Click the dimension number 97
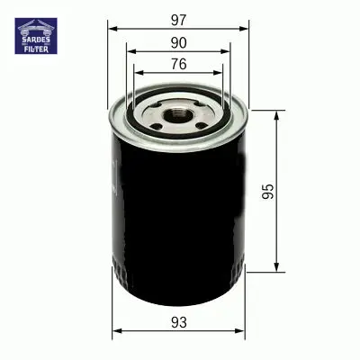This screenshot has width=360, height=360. tap(179, 20)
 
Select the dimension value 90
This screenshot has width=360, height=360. tap(179, 43)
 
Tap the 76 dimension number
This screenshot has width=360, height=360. tap(179, 64)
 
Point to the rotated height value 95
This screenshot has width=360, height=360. tap(268, 192)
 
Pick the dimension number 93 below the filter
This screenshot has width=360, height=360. tap(179, 322)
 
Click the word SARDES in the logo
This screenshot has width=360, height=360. tap(36, 40)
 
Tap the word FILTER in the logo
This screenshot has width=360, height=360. tap(36, 49)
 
